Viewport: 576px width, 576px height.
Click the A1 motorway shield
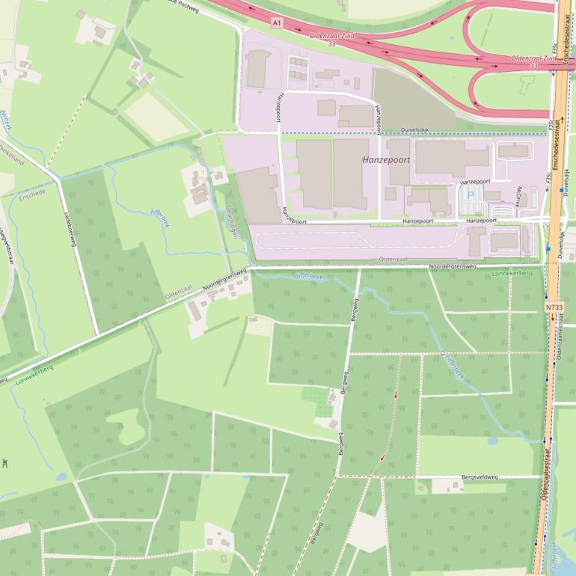(x=278, y=23)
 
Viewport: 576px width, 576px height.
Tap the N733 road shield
(x=554, y=307)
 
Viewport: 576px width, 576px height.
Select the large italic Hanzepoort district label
(x=386, y=160)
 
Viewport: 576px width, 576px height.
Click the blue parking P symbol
(x=471, y=194)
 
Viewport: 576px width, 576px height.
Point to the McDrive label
(x=518, y=195)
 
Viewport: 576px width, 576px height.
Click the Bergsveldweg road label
(x=478, y=477)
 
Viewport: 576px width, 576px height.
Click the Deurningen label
(x=232, y=222)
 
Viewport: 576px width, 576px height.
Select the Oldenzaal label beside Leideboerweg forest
(x=179, y=292)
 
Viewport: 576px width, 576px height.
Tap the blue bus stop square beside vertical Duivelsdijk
(x=562, y=190)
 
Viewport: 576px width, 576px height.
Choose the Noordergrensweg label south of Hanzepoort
(x=453, y=266)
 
